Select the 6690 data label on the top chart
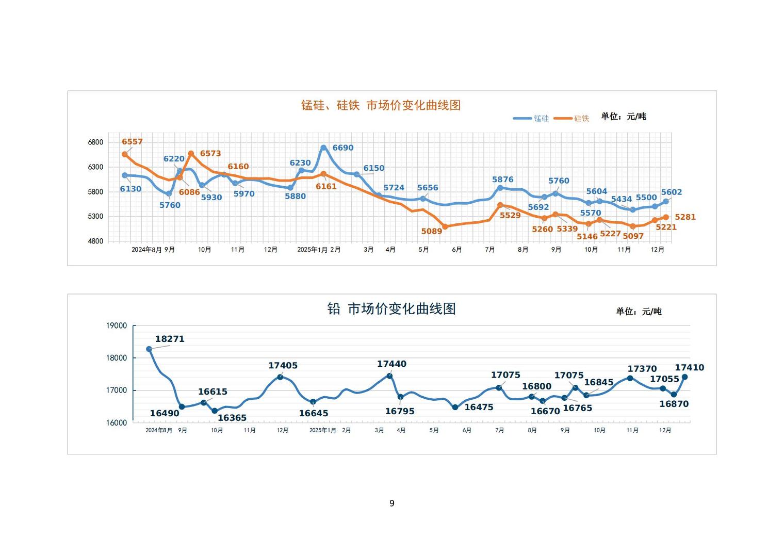coord(343,148)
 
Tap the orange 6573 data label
coord(210,154)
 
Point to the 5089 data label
coord(432,232)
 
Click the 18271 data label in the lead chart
coord(170,339)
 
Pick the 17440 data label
coord(391,364)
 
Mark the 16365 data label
coord(232,418)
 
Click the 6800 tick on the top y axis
coord(95,142)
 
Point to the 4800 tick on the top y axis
coord(95,241)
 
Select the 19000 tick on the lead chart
coord(117,325)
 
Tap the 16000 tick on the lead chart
coord(117,423)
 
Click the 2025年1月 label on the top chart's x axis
coord(312,250)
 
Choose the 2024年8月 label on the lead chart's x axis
coord(159,430)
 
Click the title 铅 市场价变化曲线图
coord(391,309)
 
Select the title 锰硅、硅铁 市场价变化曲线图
coord(381,105)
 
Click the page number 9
coord(392,503)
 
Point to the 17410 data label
coord(690,368)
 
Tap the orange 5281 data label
coord(685,217)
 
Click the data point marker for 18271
coord(149,349)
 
